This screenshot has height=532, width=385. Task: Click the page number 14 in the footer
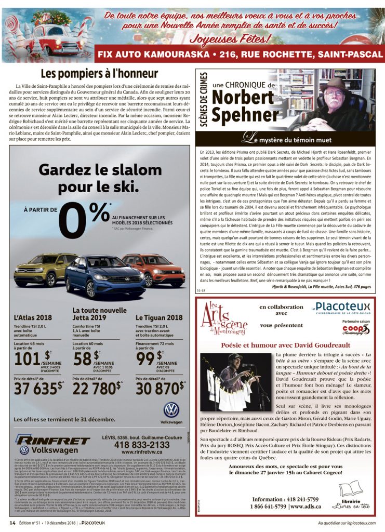[x=11, y=522]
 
